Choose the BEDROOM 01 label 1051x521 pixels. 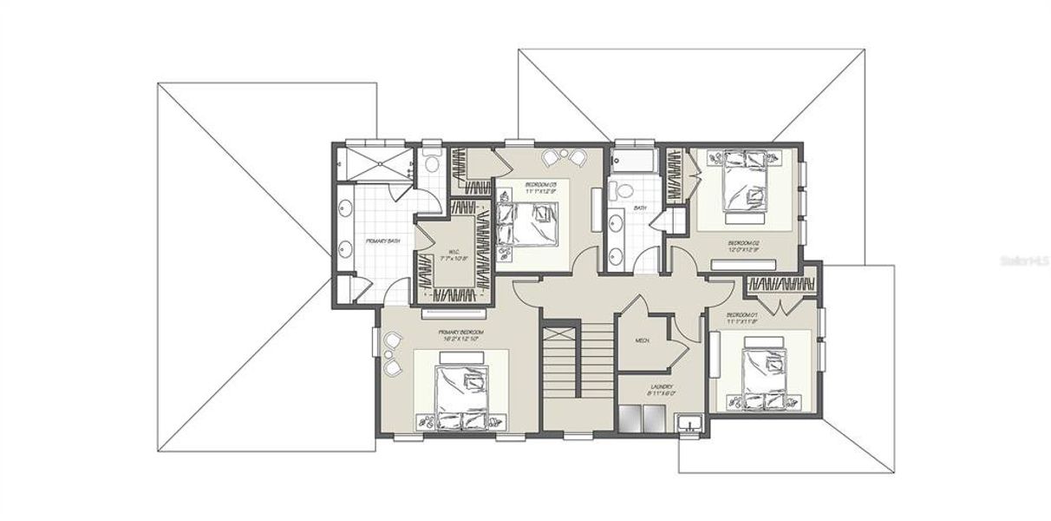coord(742,317)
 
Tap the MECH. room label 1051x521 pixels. coord(643,340)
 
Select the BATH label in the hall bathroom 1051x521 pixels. coord(640,208)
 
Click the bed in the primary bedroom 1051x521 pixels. coord(460,396)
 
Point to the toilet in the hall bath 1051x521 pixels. coord(619,188)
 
